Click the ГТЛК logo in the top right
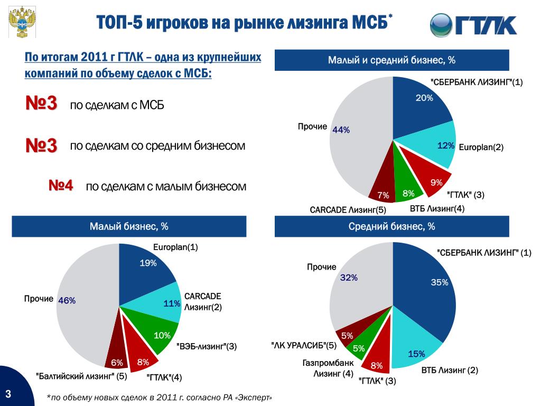point(473,24)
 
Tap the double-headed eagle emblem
point(22,22)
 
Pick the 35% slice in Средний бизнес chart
point(428,287)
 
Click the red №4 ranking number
point(61,186)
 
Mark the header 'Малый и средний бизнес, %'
point(391,60)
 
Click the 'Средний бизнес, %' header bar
point(391,226)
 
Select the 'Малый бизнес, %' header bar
point(129,226)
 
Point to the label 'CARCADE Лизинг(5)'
point(348,210)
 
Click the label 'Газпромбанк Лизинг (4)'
point(328,368)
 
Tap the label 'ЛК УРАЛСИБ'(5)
point(304,345)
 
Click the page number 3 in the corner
point(8,393)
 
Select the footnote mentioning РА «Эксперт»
point(160,398)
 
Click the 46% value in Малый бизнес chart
point(67,301)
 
